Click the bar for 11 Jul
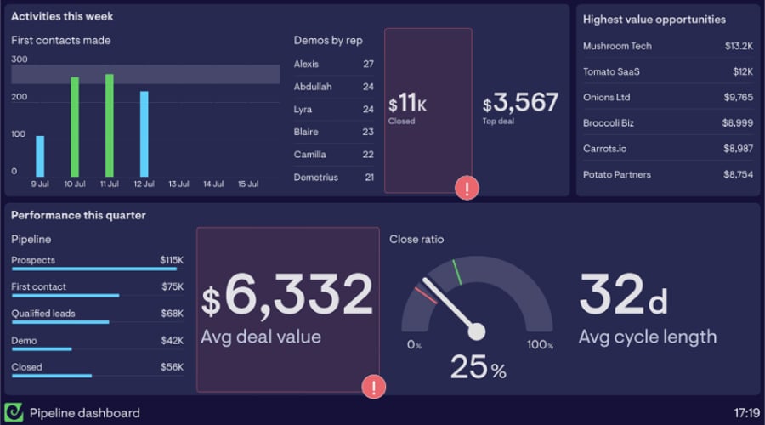point(109,126)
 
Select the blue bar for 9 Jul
point(40,156)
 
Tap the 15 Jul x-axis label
point(247,184)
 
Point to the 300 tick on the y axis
point(20,59)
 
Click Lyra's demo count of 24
point(368,110)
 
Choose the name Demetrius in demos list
point(315,178)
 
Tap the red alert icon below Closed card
point(467,188)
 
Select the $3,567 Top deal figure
point(520,103)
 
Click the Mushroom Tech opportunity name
point(617,46)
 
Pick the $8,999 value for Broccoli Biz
point(738,123)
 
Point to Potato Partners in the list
point(617,175)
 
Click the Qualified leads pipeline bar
point(60,322)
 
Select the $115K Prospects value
point(171,260)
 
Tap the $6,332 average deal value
point(287,296)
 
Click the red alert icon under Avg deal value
point(373,387)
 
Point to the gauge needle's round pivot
point(476,331)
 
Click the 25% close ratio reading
point(478,368)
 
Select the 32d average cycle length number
point(623,295)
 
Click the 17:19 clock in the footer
point(745,413)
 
